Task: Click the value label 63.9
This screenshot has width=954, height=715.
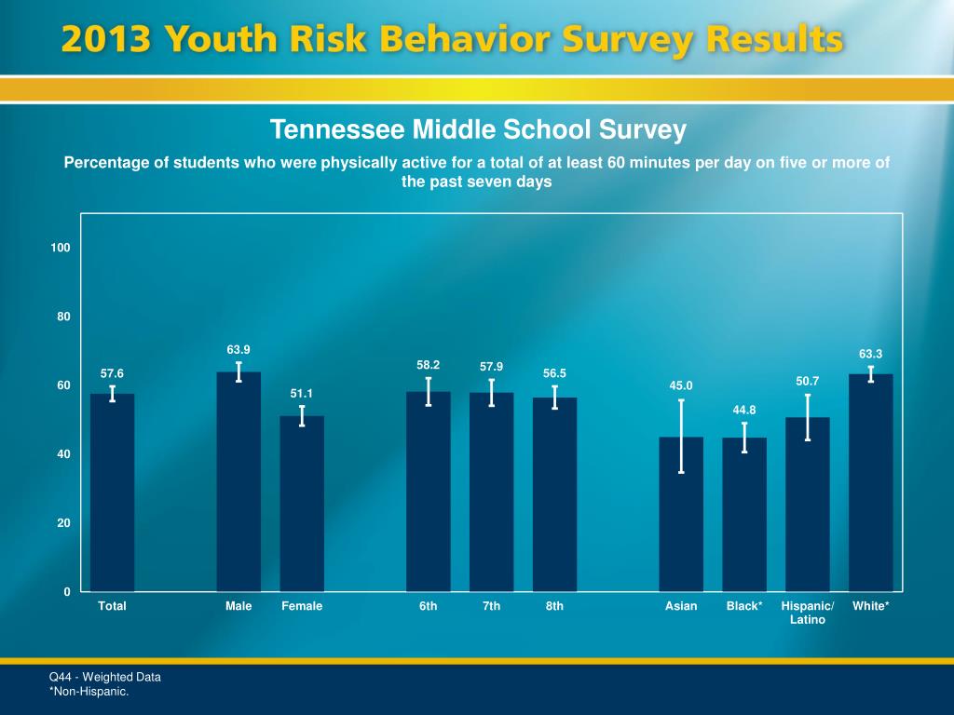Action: (x=238, y=349)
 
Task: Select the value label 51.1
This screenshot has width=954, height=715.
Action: (x=302, y=394)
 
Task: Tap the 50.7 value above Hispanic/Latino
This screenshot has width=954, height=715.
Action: (x=808, y=381)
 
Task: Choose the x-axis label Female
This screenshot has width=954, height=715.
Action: (x=302, y=606)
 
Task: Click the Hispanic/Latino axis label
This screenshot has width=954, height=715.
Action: (x=808, y=613)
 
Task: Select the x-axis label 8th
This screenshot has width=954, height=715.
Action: (x=554, y=606)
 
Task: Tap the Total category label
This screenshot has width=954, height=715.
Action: (x=112, y=606)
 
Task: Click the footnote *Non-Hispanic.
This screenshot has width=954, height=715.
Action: (x=89, y=692)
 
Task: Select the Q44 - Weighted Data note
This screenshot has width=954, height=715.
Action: (x=104, y=677)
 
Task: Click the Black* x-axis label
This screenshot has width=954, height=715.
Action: (x=744, y=606)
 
